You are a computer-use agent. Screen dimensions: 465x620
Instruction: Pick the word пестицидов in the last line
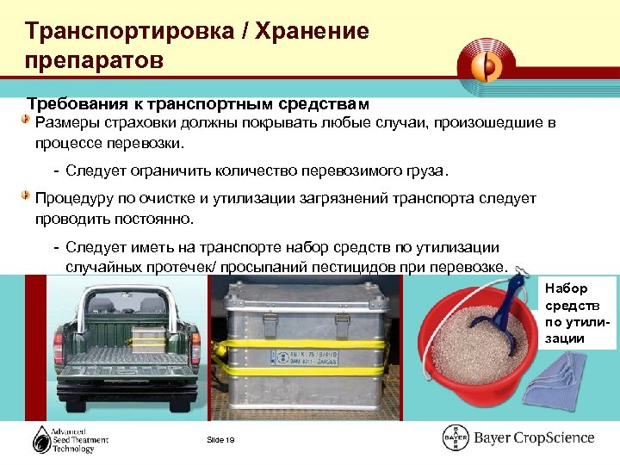point(366,266)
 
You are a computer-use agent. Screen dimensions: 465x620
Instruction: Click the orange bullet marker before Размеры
point(28,121)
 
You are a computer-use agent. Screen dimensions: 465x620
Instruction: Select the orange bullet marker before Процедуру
point(28,196)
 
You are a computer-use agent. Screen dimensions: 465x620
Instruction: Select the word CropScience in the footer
point(551,438)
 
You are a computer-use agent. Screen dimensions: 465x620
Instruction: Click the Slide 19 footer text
point(221,441)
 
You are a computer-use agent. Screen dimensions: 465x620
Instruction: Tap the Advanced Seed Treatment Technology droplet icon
point(40,439)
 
